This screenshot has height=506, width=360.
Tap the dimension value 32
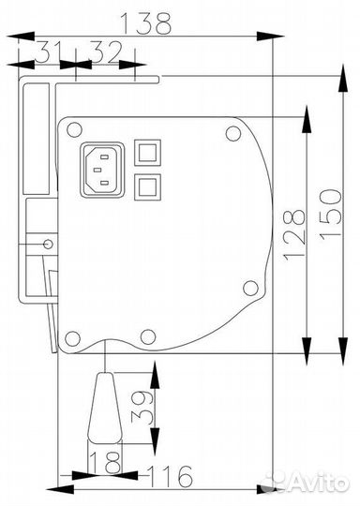[106, 53]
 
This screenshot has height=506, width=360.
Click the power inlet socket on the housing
[103, 169]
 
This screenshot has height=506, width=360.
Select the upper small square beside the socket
[146, 153]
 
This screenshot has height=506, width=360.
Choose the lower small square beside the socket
[146, 186]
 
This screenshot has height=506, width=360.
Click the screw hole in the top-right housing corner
[232, 133]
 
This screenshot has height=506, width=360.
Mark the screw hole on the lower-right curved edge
[249, 289]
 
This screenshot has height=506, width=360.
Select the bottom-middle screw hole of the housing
[146, 336]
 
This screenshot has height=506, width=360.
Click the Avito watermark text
[313, 482]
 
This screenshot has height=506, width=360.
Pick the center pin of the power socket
[103, 170]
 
